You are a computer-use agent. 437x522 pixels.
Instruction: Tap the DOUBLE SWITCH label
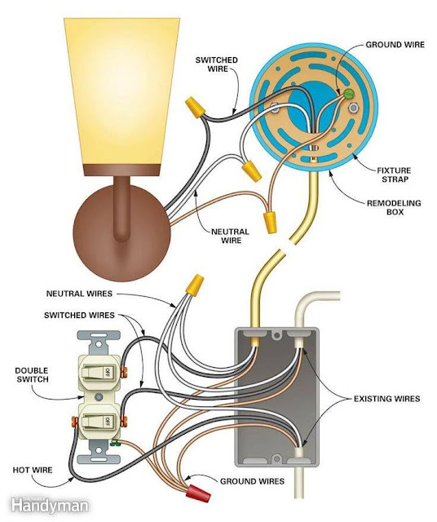coord(30,374)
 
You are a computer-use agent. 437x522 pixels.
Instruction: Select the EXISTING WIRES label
coord(387,399)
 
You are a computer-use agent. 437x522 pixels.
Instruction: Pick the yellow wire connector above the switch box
coord(194,285)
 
